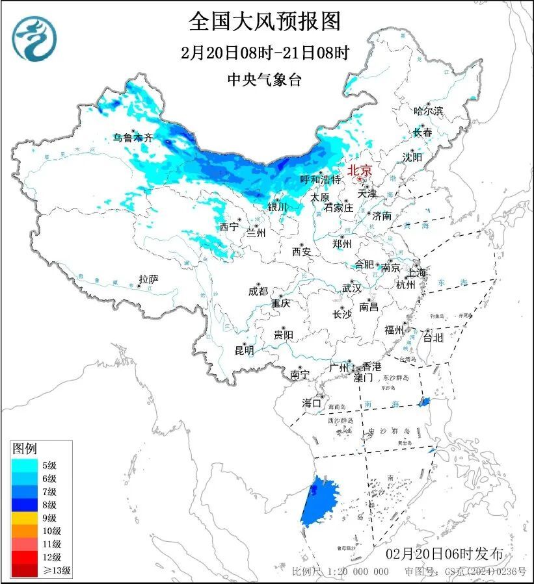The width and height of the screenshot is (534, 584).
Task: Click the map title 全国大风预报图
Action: [265, 21]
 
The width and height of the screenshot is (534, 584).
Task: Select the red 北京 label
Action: [360, 170]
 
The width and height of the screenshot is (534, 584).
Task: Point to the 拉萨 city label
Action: [148, 279]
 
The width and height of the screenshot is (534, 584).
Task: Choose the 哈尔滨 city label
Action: [428, 111]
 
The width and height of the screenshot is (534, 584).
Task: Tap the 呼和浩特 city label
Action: [320, 179]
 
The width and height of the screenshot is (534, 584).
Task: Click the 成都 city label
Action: [258, 291]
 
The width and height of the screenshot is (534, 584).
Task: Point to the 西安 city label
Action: [301, 251]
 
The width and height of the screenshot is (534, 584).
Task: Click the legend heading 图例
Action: [25, 448]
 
